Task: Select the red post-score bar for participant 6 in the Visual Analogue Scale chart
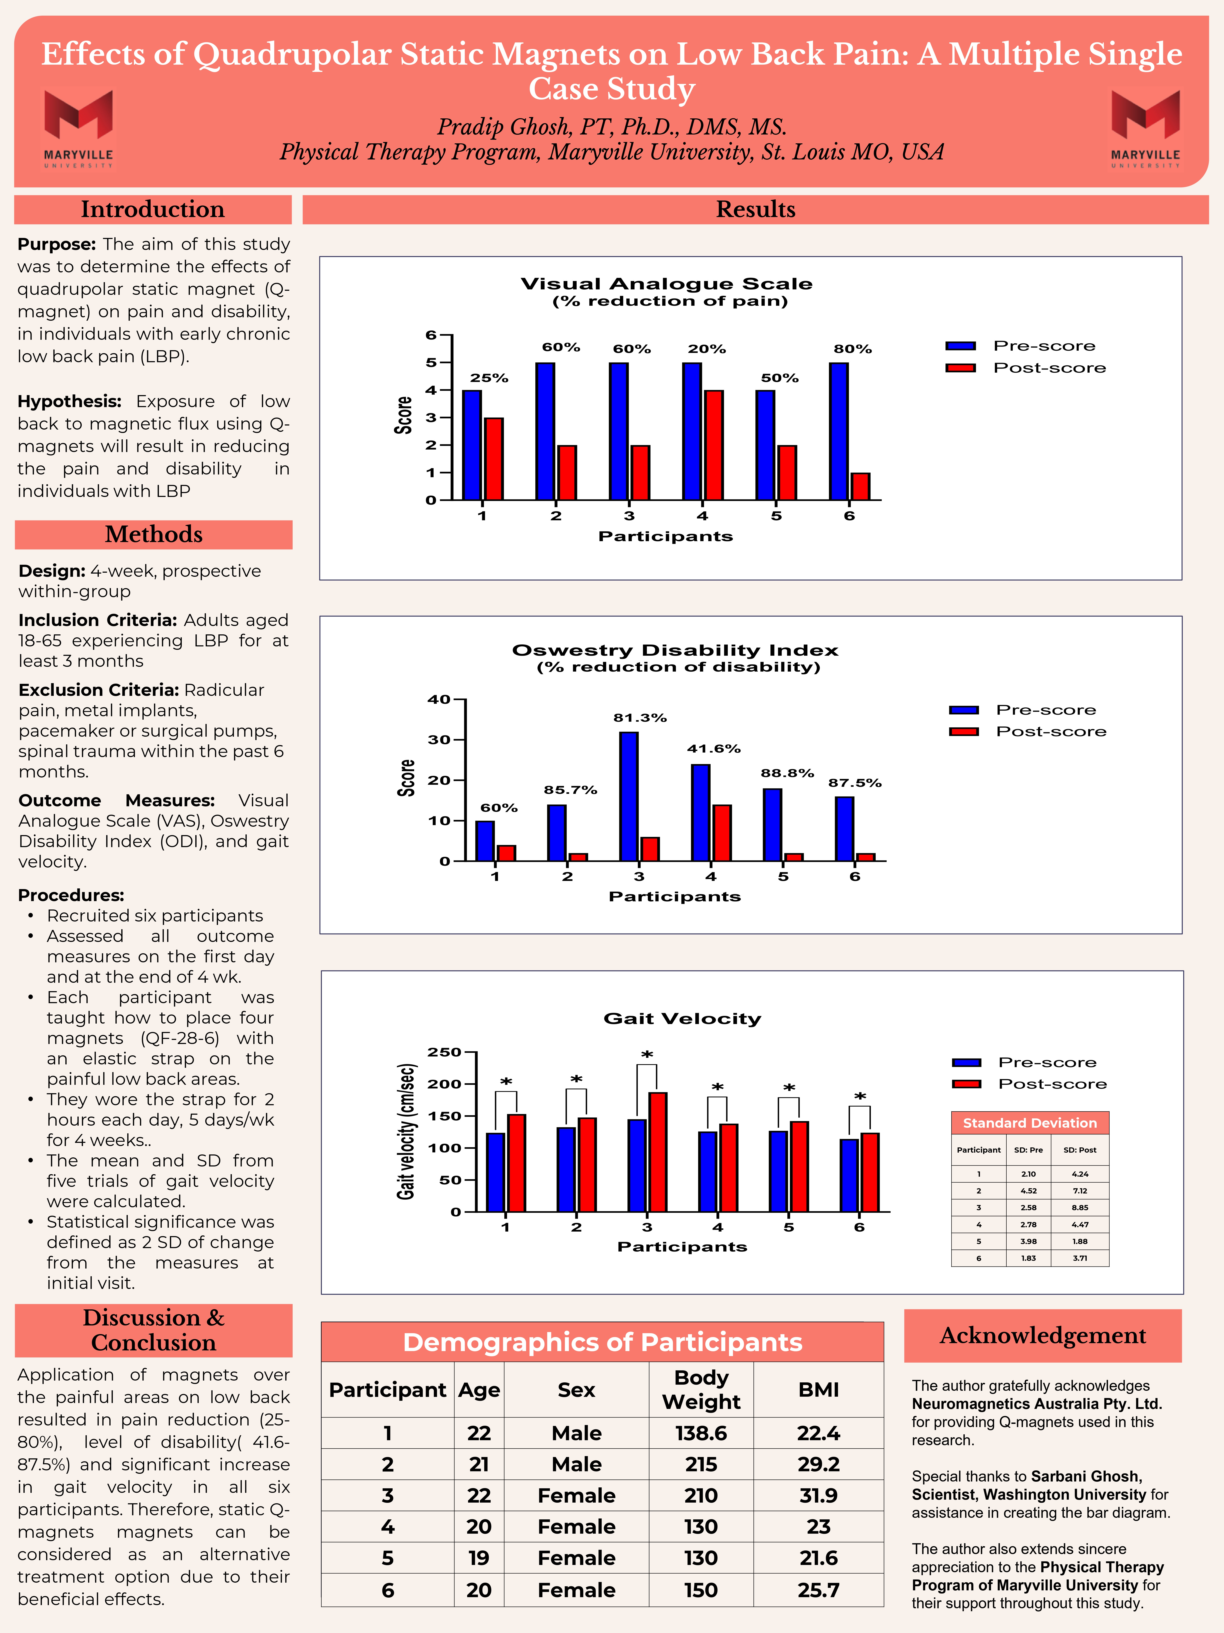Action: [860, 486]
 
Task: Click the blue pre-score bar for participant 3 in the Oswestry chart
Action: [629, 796]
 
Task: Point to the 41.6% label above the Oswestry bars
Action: [714, 749]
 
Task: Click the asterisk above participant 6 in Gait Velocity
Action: [860, 1097]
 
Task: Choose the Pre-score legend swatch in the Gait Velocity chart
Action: [966, 1062]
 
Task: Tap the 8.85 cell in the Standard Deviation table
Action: [1079, 1208]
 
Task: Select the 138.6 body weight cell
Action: [701, 1433]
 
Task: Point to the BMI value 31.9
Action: [818, 1495]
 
